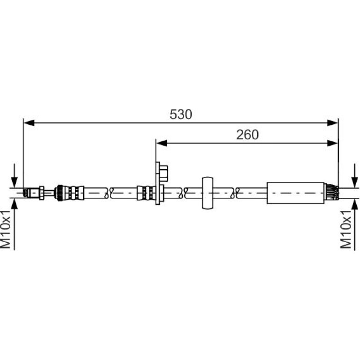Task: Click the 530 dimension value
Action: point(180,115)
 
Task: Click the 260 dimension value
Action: point(247,135)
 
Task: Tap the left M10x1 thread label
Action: point(6,230)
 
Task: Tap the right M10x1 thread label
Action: point(346,230)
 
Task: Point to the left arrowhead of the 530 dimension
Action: point(29,123)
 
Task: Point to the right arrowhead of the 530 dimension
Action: point(332,123)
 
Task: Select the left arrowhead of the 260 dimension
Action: point(161,143)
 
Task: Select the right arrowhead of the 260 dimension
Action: point(332,143)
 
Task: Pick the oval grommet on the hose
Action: point(207,193)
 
